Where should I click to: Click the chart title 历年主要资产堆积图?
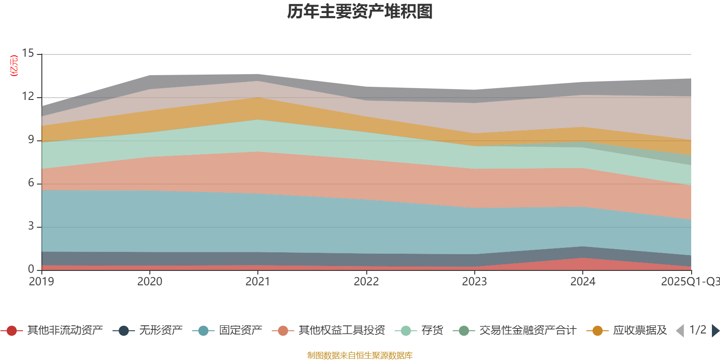pyautogui.click(x=360, y=12)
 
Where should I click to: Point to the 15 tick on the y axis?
pyautogui.click(x=28, y=54)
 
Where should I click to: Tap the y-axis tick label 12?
pyautogui.click(x=28, y=96)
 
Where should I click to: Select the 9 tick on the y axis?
pyautogui.click(x=31, y=139)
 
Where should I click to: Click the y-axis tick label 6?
pyautogui.click(x=31, y=183)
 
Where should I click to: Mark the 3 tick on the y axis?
pyautogui.click(x=31, y=226)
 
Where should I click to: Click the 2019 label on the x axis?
pyautogui.click(x=41, y=282)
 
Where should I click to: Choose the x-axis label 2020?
pyautogui.click(x=149, y=282)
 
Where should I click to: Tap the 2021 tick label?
pyautogui.click(x=257, y=282)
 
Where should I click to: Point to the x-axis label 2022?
pyautogui.click(x=366, y=282)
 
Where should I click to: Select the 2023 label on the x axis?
pyautogui.click(x=474, y=282)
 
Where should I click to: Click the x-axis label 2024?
pyautogui.click(x=583, y=282)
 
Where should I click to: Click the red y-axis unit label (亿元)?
pyautogui.click(x=14, y=66)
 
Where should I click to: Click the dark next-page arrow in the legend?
pyautogui.click(x=715, y=331)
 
